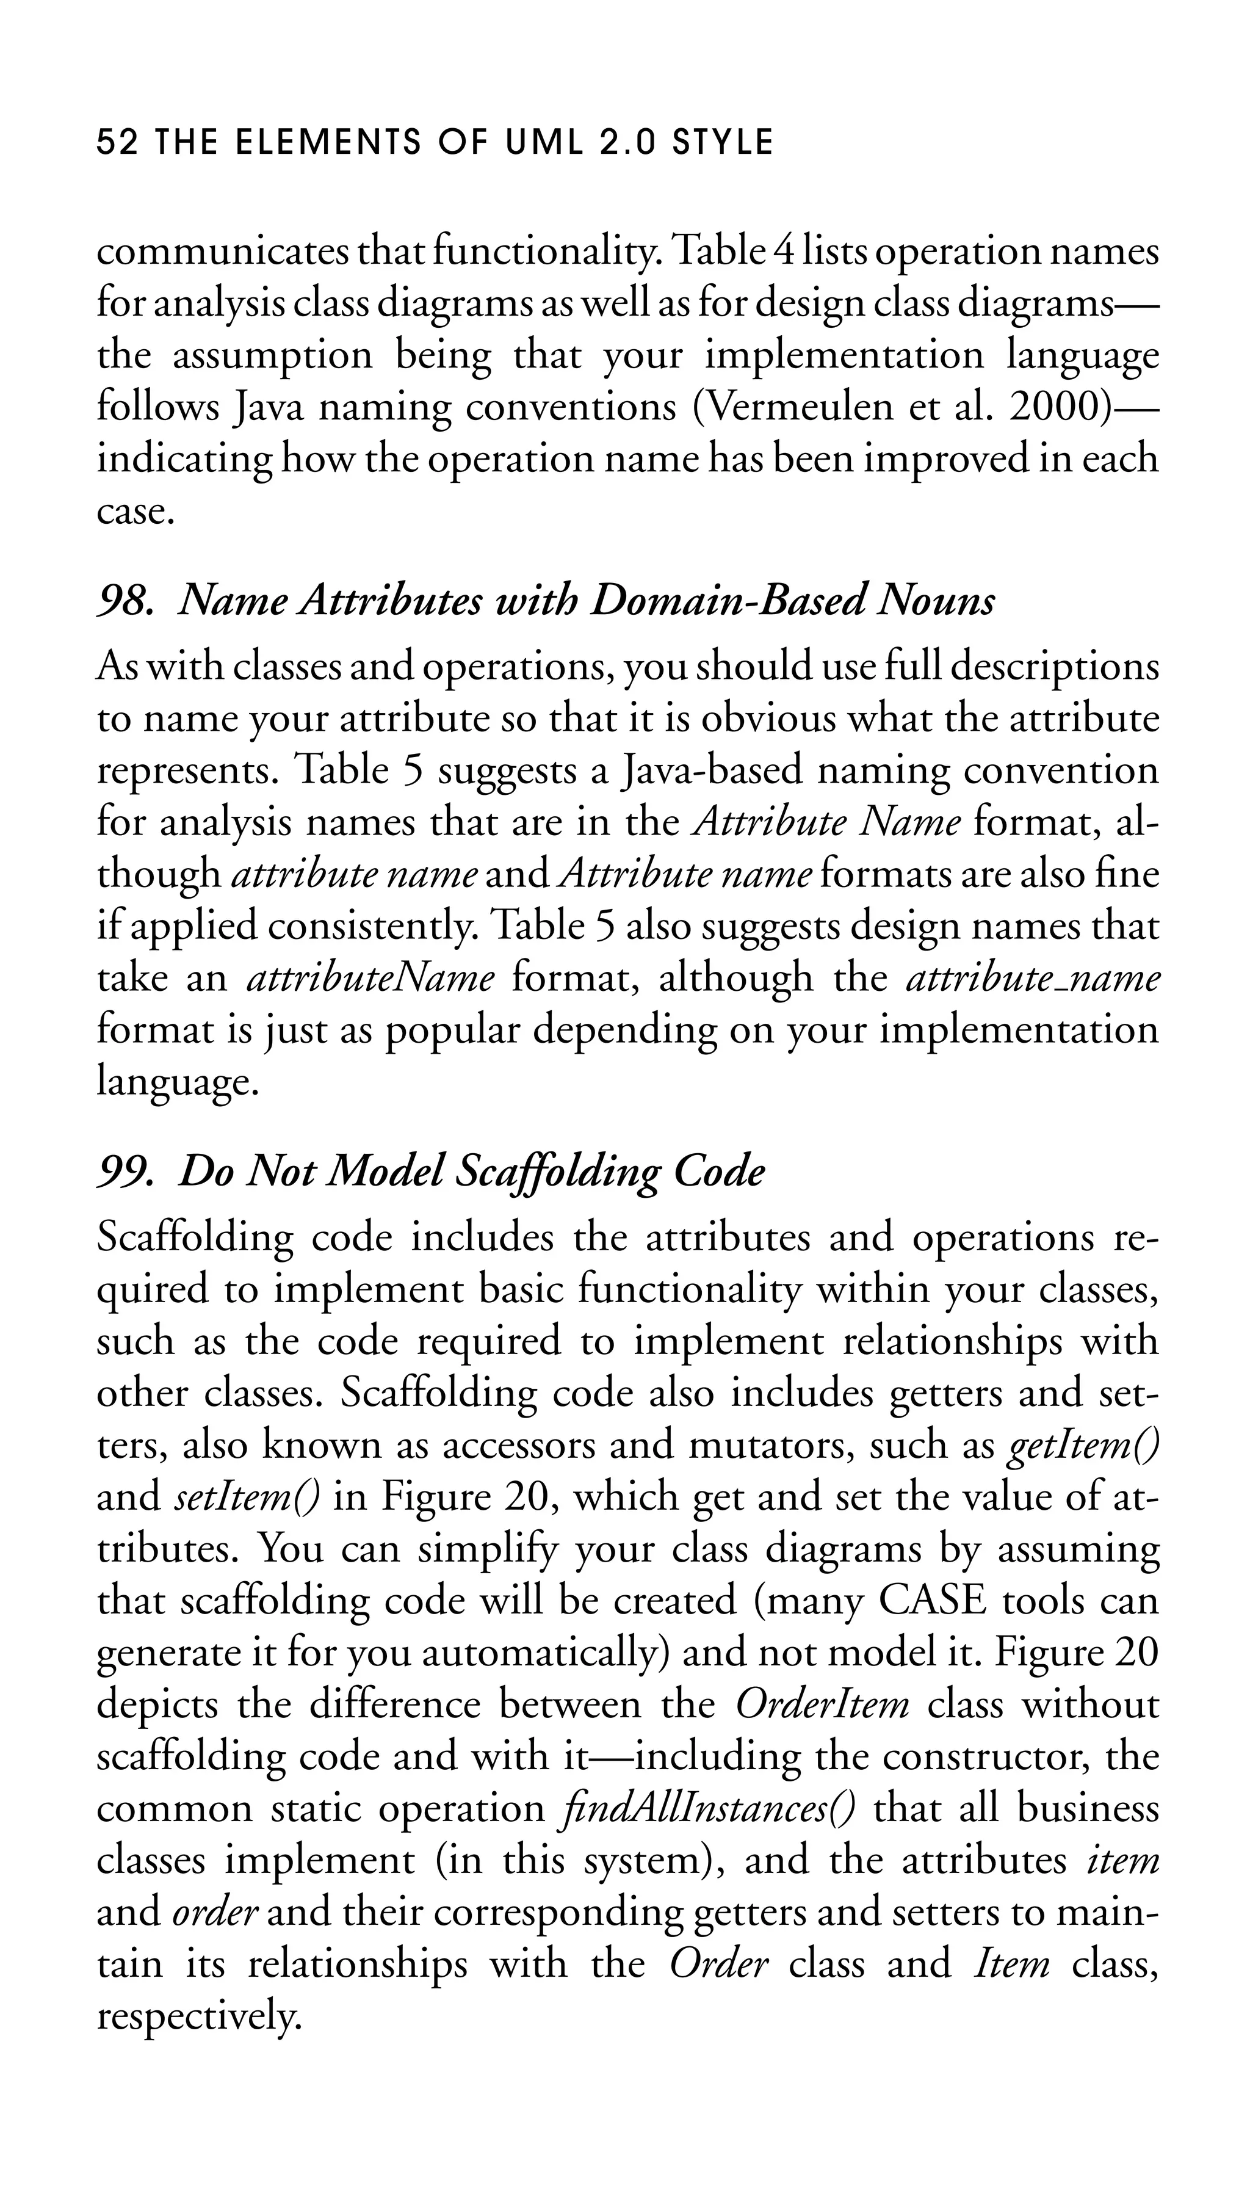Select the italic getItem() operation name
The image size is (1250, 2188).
(x=1083, y=1445)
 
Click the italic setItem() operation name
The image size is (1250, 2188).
(x=247, y=1498)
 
